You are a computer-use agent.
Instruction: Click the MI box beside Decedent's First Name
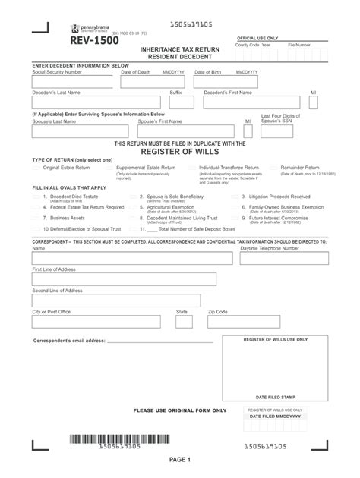coord(314,102)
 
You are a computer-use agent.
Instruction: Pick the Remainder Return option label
coord(302,168)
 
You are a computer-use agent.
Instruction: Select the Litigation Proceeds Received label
coord(279,196)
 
